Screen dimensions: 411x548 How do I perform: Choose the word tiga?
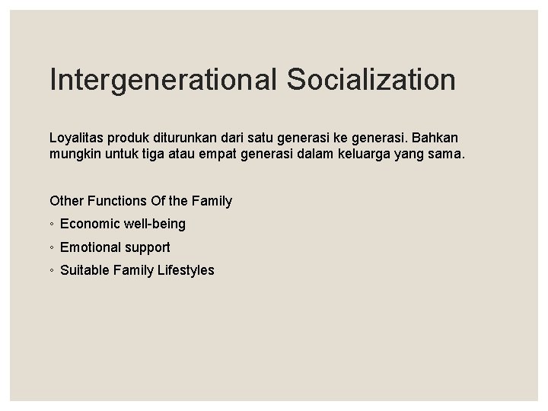point(156,158)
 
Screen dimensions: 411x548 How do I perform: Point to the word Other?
point(65,201)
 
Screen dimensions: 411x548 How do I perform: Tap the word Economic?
point(88,225)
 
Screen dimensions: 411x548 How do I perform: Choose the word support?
point(148,247)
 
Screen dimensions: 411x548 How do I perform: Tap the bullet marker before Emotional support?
point(52,248)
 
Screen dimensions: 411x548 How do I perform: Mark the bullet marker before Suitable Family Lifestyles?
point(52,271)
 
